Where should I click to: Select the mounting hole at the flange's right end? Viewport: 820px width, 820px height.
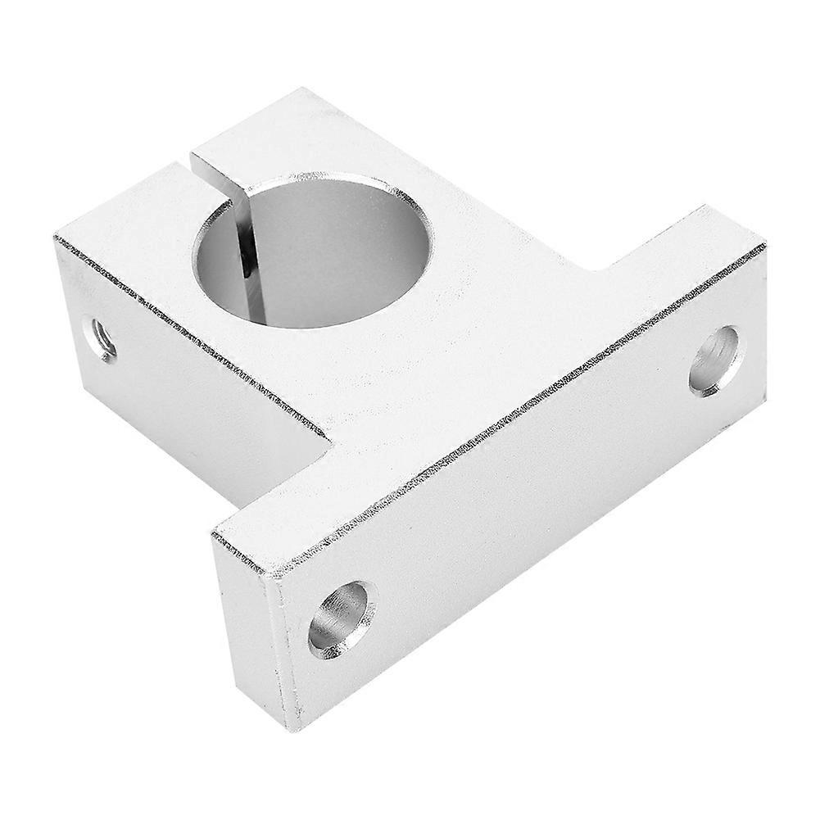point(716,360)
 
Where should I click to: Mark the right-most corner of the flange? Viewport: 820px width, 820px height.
point(765,244)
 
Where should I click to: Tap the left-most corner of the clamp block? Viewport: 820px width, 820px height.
point(55,238)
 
